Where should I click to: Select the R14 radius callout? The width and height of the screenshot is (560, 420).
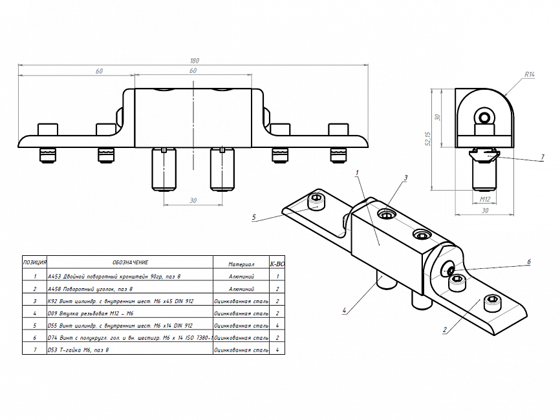click(x=530, y=75)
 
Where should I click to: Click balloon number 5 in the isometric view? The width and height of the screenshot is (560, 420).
click(x=254, y=217)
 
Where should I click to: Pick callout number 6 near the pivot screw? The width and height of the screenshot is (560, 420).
click(x=528, y=262)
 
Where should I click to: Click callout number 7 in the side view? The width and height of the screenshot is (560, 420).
click(x=543, y=157)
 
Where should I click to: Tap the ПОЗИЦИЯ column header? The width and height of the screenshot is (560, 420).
click(x=34, y=262)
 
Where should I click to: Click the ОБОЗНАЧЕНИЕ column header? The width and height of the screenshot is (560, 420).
click(x=130, y=262)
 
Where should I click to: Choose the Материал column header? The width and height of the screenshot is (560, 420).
click(x=241, y=264)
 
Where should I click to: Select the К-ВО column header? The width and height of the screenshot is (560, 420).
click(x=277, y=264)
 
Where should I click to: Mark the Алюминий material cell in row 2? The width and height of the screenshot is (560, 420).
click(x=241, y=289)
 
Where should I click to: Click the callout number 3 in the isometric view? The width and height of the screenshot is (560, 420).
click(x=405, y=177)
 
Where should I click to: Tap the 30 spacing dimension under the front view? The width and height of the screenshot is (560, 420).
click(x=193, y=200)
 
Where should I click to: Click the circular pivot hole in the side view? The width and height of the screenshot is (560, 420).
click(x=484, y=117)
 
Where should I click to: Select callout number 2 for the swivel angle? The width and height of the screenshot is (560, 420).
click(x=445, y=330)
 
